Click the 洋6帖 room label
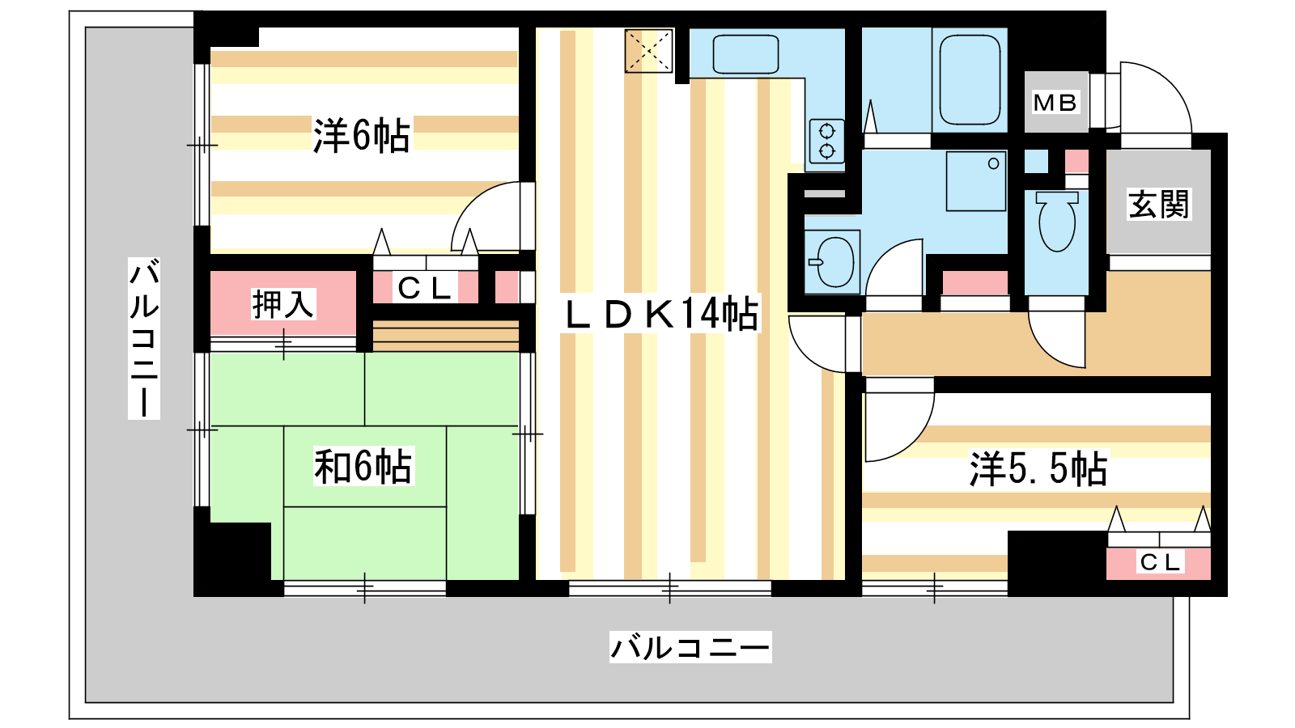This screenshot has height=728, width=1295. (361, 136)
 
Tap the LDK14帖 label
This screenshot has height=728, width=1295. (661, 314)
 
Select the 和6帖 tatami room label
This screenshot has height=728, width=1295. (363, 466)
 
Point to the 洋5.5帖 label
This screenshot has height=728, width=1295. (1038, 468)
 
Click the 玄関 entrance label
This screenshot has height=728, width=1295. (1158, 205)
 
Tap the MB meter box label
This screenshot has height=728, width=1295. (1055, 103)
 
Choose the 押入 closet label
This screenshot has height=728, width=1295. (283, 304)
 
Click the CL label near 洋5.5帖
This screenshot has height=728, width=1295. (1160, 561)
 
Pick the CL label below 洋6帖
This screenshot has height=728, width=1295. (425, 288)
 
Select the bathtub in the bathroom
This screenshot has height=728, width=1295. (970, 80)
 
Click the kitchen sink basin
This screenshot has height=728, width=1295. (745, 54)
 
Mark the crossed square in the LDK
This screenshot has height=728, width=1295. (648, 51)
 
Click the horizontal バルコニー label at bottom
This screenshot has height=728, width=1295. (690, 647)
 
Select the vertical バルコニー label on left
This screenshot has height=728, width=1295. (144, 339)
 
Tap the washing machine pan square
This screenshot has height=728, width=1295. (976, 181)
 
